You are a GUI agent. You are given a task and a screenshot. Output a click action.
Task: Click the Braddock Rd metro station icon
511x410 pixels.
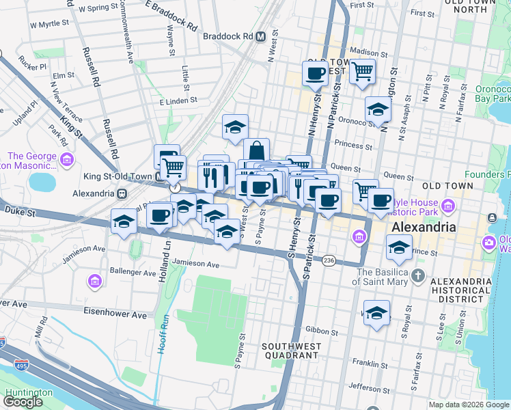(x=260, y=37)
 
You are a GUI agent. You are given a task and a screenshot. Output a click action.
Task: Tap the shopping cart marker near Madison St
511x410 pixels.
(x=362, y=70)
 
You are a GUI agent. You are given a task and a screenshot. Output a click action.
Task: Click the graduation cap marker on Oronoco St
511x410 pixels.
(x=377, y=109)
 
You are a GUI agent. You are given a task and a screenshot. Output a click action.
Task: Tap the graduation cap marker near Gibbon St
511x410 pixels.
(x=376, y=313)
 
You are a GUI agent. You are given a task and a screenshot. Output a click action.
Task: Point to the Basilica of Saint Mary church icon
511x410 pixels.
(x=417, y=277)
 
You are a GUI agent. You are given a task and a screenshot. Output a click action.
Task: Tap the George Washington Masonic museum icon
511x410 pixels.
(x=66, y=161)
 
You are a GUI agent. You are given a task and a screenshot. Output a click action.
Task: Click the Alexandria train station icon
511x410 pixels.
(x=122, y=193)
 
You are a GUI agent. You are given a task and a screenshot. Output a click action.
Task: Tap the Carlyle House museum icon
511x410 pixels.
(x=447, y=205)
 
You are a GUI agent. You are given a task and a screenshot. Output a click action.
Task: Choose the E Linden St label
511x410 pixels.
(x=178, y=100)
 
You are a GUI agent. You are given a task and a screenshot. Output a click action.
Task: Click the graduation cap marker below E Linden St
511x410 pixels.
(x=235, y=126)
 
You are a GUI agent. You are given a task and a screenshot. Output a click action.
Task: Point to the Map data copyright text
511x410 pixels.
(x=468, y=405)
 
